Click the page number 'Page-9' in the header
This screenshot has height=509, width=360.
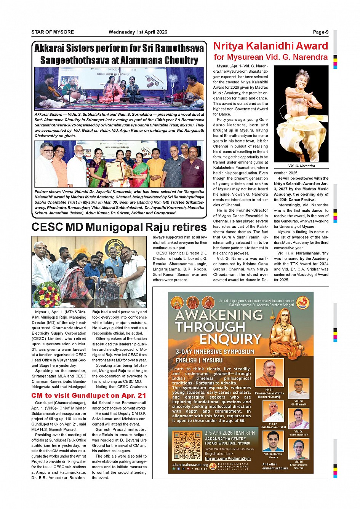(x=320, y=32)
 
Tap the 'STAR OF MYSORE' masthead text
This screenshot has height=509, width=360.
(x=53, y=32)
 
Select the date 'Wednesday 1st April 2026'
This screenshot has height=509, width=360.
(x=138, y=32)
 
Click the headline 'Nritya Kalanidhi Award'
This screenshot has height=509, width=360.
(x=270, y=46)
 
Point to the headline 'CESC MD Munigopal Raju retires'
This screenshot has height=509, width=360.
(x=119, y=227)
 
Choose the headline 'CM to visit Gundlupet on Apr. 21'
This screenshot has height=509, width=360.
(x=89, y=396)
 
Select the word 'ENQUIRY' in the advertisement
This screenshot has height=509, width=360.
(x=230, y=339)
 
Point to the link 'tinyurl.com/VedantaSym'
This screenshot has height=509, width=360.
(x=228, y=459)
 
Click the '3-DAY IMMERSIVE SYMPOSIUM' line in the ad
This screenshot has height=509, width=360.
(x=215, y=351)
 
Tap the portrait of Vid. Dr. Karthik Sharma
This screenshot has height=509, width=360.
(x=273, y=441)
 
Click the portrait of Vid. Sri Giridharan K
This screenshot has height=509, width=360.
(x=299, y=388)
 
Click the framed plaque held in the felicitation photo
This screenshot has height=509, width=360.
(x=115, y=172)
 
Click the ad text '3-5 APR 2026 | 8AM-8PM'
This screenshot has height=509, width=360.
(x=230, y=433)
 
